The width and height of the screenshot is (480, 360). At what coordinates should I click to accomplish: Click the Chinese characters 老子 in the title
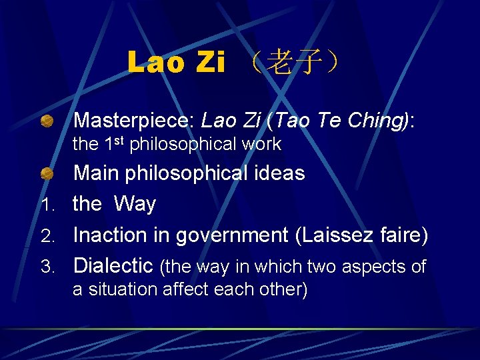pyautogui.click(x=288, y=63)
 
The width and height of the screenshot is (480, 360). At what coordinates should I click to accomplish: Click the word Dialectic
pyautogui.click(x=113, y=265)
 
